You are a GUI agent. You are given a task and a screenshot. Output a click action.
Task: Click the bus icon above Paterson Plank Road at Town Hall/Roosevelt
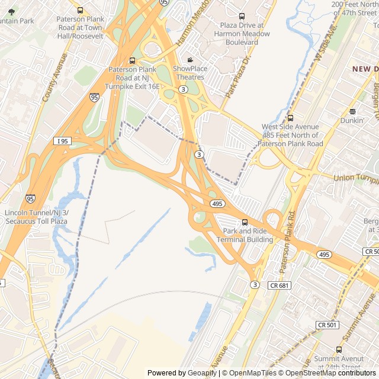click(x=80, y=10)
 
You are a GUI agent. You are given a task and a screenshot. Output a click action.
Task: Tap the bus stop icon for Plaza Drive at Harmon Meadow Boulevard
click(x=241, y=17)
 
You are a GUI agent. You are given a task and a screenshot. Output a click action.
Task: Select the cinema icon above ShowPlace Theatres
click(x=190, y=60)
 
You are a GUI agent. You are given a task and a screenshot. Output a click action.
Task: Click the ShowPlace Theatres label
click(x=190, y=73)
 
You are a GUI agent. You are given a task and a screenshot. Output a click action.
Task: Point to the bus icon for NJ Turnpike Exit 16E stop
click(x=132, y=60)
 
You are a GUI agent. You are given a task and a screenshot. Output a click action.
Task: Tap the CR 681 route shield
click(x=280, y=285)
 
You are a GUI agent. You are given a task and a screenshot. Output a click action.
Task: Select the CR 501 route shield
click(x=327, y=325)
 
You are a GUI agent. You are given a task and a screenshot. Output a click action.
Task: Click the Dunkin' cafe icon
click(x=352, y=111)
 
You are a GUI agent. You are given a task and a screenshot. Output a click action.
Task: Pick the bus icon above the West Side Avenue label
click(x=290, y=118)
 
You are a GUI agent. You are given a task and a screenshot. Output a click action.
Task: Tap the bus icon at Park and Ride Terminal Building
click(x=245, y=222)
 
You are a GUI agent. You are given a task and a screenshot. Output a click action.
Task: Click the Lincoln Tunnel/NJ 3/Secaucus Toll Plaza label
click(x=36, y=217)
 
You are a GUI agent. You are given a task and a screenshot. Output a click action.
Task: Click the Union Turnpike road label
click(x=356, y=178)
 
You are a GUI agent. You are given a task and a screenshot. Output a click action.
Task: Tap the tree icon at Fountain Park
click(x=12, y=11)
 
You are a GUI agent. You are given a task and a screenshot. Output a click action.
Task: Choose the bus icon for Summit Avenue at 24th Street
click(x=339, y=350)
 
